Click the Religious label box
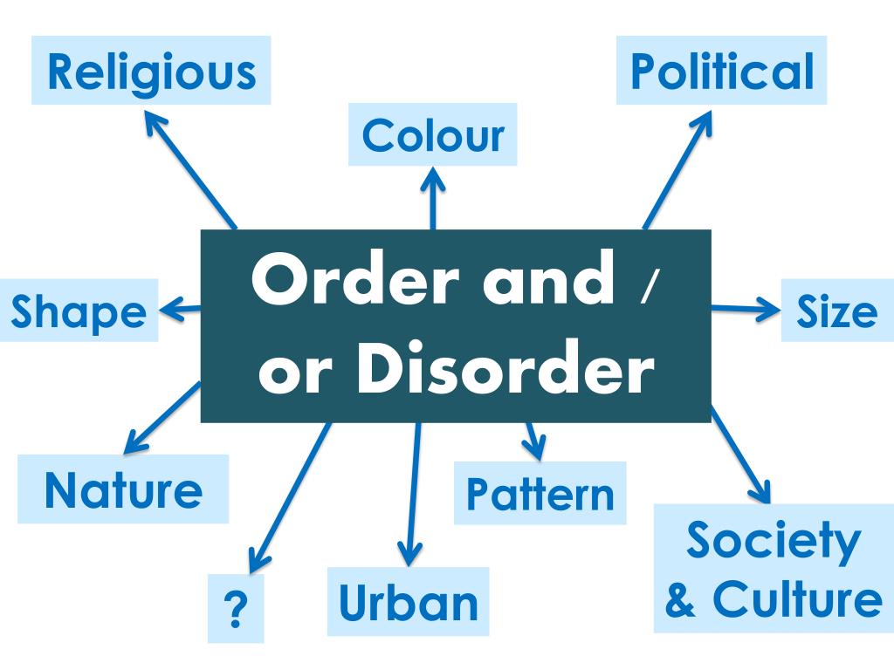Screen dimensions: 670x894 [152, 72]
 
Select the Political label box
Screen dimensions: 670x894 [721, 72]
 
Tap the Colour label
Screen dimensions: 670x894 [433, 135]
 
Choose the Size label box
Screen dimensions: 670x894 [836, 311]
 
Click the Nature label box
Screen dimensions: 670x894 [123, 489]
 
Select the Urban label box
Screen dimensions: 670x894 [408, 602]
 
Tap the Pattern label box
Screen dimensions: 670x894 [540, 494]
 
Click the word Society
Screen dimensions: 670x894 [773, 541]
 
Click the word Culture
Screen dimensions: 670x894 [796, 600]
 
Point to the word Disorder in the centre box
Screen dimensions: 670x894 [506, 371]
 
